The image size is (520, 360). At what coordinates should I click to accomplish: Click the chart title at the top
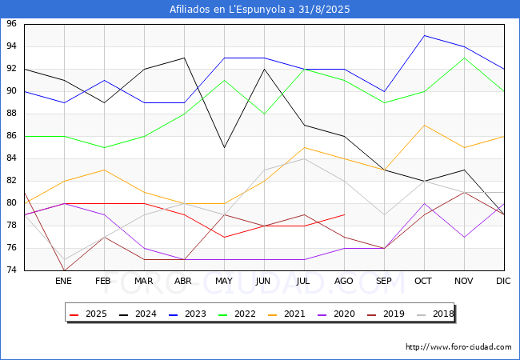[260, 10]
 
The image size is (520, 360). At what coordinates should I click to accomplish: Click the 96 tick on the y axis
[12, 24]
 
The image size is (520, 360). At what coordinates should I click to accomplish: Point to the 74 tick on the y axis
[12, 270]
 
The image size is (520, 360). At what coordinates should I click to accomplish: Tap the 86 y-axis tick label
[12, 136]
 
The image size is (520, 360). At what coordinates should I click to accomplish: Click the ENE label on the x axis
[64, 282]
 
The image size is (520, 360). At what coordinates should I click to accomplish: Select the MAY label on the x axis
[224, 282]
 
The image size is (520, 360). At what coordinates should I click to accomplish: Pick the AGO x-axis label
[344, 282]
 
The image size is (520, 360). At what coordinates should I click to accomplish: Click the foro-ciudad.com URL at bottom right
[458, 347]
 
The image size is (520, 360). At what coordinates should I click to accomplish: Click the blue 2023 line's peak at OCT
[424, 35]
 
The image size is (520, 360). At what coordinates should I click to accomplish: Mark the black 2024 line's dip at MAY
[224, 147]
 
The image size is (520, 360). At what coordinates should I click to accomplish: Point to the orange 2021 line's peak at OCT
[424, 125]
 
